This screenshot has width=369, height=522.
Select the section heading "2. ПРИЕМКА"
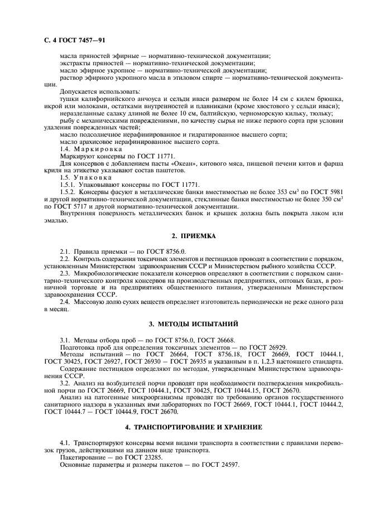click(x=184, y=236)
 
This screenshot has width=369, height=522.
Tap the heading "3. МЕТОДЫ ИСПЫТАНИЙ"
click(x=184, y=323)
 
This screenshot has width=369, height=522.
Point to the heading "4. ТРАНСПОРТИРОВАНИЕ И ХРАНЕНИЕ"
click(x=184, y=427)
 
